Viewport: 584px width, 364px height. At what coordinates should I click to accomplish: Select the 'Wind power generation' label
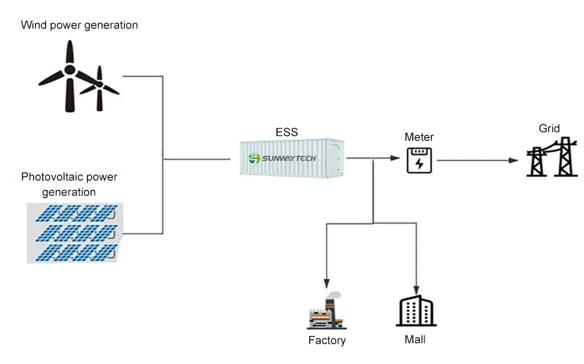(x=79, y=25)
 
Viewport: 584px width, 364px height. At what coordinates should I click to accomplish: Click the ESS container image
(x=291, y=158)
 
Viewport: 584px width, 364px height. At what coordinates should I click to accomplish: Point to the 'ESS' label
(x=286, y=132)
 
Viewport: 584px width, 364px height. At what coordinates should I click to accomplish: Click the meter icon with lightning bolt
(x=419, y=160)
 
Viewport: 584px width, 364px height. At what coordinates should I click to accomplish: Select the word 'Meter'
(x=419, y=137)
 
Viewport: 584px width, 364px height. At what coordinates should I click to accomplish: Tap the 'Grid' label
(x=549, y=128)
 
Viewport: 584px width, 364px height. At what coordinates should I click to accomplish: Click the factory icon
(x=326, y=311)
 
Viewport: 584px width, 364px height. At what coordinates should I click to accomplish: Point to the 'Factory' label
(x=326, y=340)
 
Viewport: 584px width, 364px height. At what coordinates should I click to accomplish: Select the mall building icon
(x=415, y=311)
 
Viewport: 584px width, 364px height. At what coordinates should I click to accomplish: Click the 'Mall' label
(x=415, y=339)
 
